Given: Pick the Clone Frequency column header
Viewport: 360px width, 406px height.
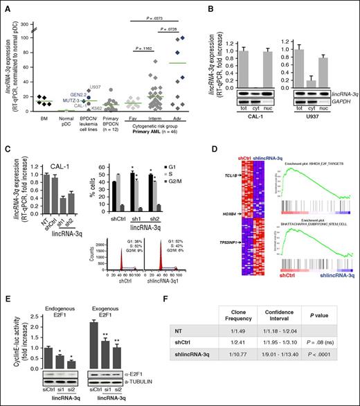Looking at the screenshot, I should pyautogui.click(x=238, y=321).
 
